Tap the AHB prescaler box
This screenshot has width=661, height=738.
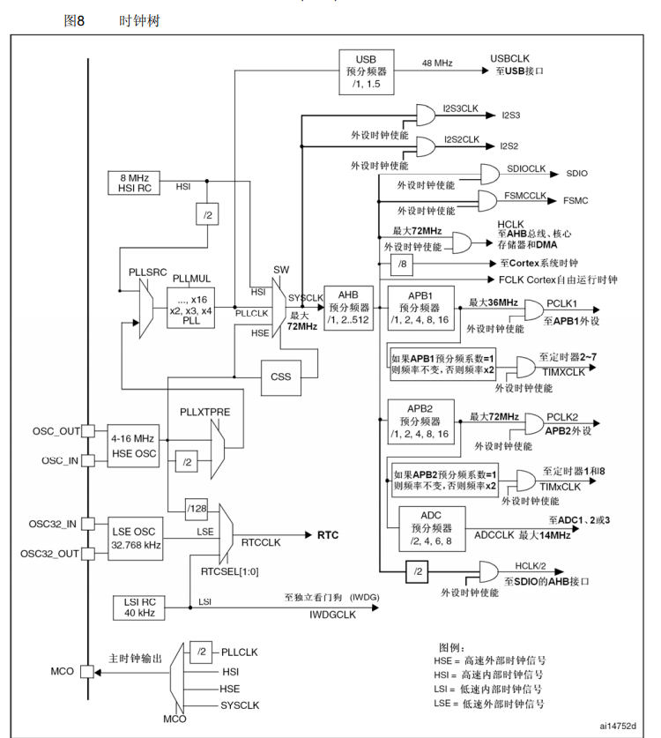point(351,308)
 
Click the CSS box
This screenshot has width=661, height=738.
point(281,376)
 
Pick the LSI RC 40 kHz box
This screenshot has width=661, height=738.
point(137,608)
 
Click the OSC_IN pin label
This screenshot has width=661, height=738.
point(60,461)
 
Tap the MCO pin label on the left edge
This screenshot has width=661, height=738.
point(63,671)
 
